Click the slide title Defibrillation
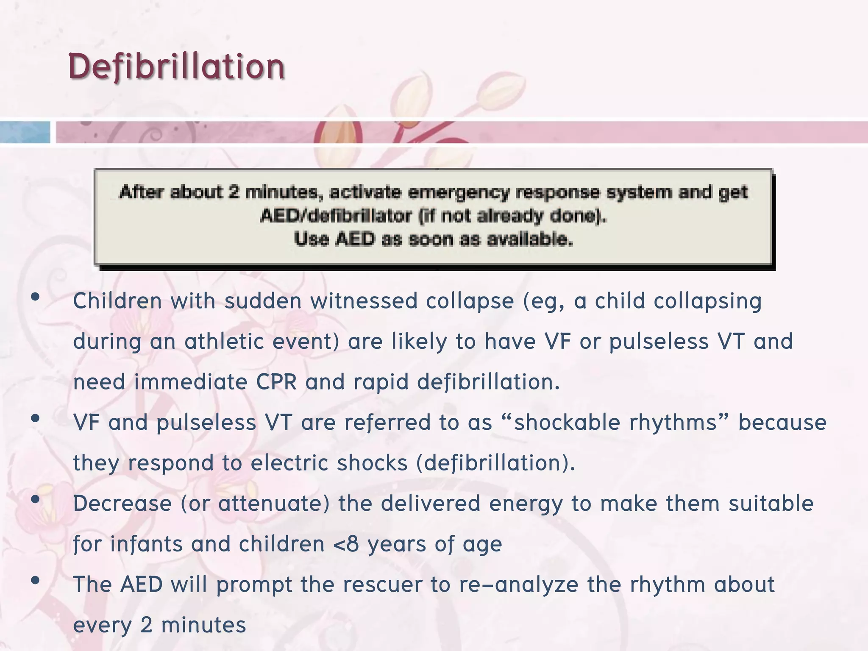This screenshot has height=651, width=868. tap(176, 67)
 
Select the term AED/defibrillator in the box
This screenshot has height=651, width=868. tap(336, 216)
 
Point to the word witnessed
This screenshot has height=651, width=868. tap(364, 301)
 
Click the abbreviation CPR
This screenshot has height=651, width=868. tap(276, 382)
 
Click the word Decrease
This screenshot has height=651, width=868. tap(122, 504)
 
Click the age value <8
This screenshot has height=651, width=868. tap(346, 544)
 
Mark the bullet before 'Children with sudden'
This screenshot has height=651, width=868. tap(36, 297)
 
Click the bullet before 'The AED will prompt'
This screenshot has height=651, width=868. tap(36, 580)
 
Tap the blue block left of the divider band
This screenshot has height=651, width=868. tap(25, 132)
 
